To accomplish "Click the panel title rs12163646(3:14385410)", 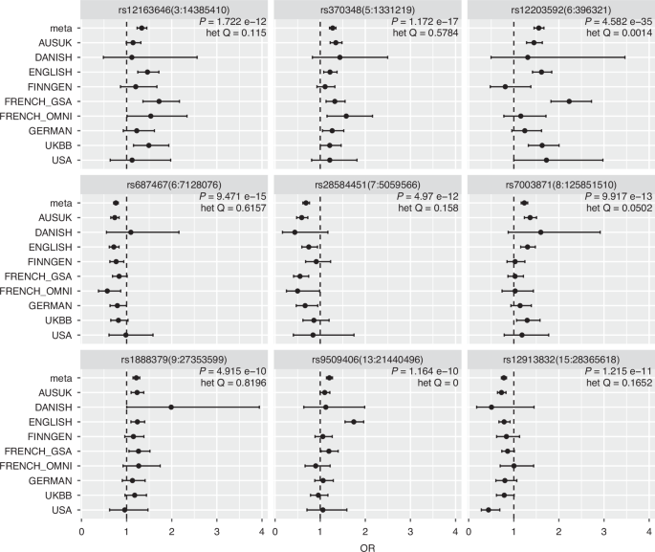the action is point(174,10).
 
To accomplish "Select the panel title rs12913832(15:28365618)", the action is point(561,360).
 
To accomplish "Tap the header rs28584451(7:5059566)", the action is point(367,185).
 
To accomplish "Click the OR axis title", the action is point(367,548).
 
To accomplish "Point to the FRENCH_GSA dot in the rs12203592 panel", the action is point(569,101).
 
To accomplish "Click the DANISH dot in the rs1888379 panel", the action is point(171,407).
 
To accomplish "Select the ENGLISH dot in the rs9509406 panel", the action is point(354,422).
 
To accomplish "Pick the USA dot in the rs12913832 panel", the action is point(489,510).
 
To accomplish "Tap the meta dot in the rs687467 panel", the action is point(116,203).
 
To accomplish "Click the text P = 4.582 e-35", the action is point(619,22).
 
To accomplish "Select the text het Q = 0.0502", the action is point(619,208).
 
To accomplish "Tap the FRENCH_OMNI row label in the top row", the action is point(36,116).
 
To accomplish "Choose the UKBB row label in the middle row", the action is point(58,320).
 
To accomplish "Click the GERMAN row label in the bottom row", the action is point(50,480).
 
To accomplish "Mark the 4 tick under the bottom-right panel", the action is point(649,532).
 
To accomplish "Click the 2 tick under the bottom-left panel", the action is point(172,532).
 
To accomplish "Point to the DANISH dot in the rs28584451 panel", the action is point(295,232).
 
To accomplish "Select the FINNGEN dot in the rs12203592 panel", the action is point(505,86).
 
